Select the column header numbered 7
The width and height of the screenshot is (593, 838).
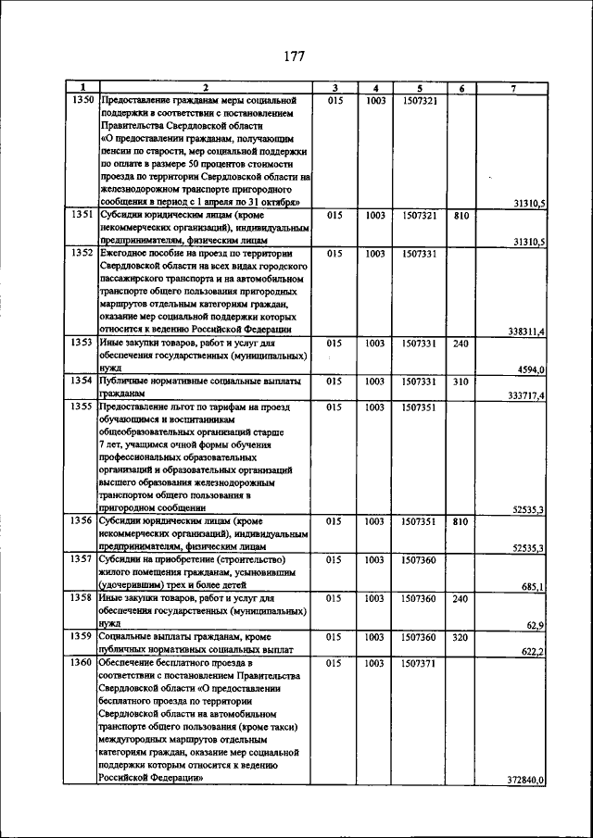pyautogui.click(x=513, y=88)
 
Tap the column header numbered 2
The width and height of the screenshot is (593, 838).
pyautogui.click(x=206, y=88)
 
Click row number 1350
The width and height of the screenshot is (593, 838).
pyautogui.click(x=81, y=99)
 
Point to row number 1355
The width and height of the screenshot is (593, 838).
pyautogui.click(x=81, y=406)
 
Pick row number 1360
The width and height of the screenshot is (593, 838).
pyautogui.click(x=81, y=664)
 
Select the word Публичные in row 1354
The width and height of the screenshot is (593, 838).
pyautogui.click(x=128, y=381)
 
